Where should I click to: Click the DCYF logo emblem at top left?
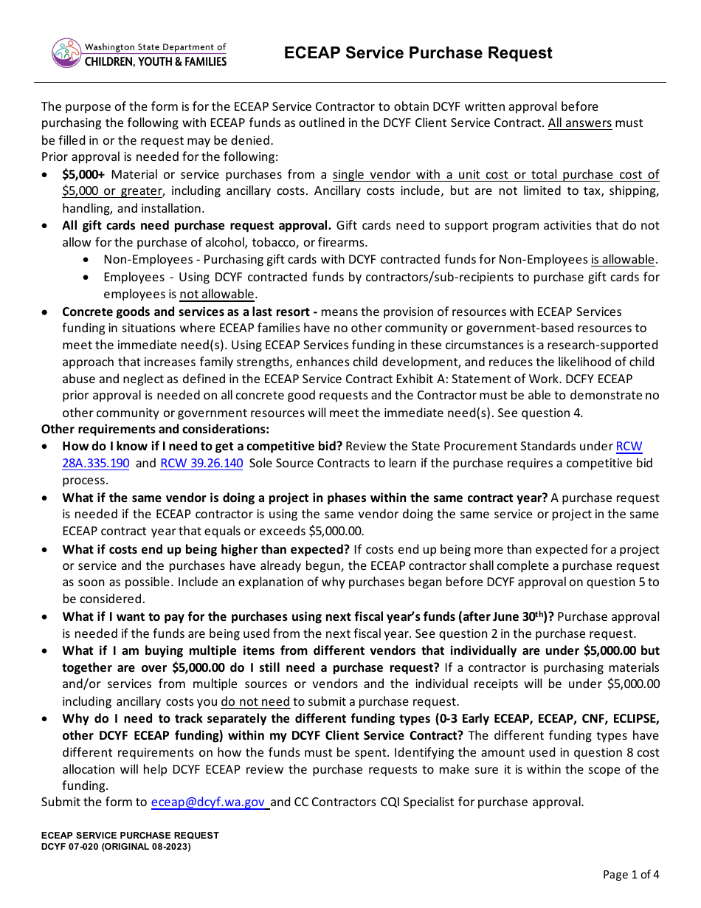coord(66,53)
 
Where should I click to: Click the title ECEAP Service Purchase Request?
coord(418,53)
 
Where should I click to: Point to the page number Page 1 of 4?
coord(631,875)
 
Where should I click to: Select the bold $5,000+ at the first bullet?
coord(83,175)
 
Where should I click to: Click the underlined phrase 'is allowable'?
coord(623,260)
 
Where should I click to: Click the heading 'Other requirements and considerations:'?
coord(155,430)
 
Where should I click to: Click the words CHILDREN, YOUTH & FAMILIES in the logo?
coord(155,62)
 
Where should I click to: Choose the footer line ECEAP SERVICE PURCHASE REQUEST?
coord(130,836)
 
